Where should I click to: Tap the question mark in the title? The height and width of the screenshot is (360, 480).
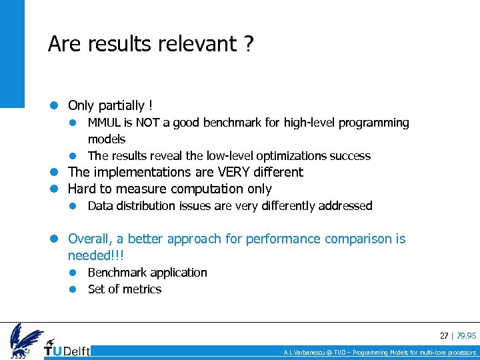pyautogui.click(x=248, y=44)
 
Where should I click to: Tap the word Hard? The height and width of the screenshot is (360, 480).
pyautogui.click(x=83, y=189)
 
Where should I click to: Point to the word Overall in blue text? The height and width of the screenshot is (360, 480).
pyautogui.click(x=91, y=239)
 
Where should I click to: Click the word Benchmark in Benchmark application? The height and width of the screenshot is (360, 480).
pyautogui.click(x=117, y=273)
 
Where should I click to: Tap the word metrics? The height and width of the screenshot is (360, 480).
pyautogui.click(x=141, y=289)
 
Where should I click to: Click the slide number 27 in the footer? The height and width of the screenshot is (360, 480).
pyautogui.click(x=443, y=335)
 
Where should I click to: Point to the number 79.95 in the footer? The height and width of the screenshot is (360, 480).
pyautogui.click(x=466, y=335)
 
